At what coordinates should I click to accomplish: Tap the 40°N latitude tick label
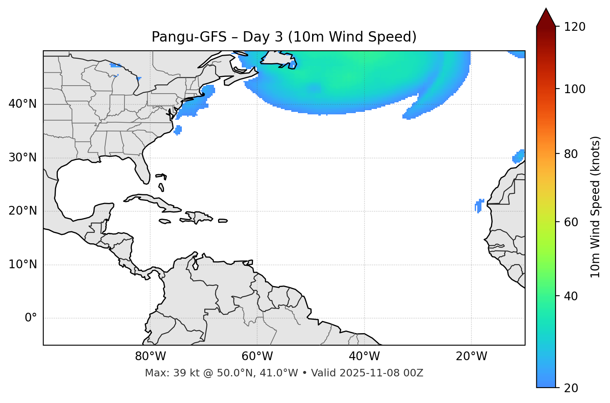(22, 104)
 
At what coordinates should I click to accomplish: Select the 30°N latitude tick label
(22, 158)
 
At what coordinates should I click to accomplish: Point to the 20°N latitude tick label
(22, 211)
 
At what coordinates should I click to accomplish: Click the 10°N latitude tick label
(22, 265)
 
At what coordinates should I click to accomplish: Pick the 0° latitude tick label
(30, 318)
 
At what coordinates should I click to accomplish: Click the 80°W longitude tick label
(150, 356)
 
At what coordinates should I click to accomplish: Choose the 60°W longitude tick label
(257, 356)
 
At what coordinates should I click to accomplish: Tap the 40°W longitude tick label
(364, 356)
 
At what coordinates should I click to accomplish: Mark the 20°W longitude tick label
(471, 356)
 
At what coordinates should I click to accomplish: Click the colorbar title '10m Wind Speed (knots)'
(595, 207)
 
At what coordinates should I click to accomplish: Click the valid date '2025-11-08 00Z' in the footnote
(381, 373)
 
